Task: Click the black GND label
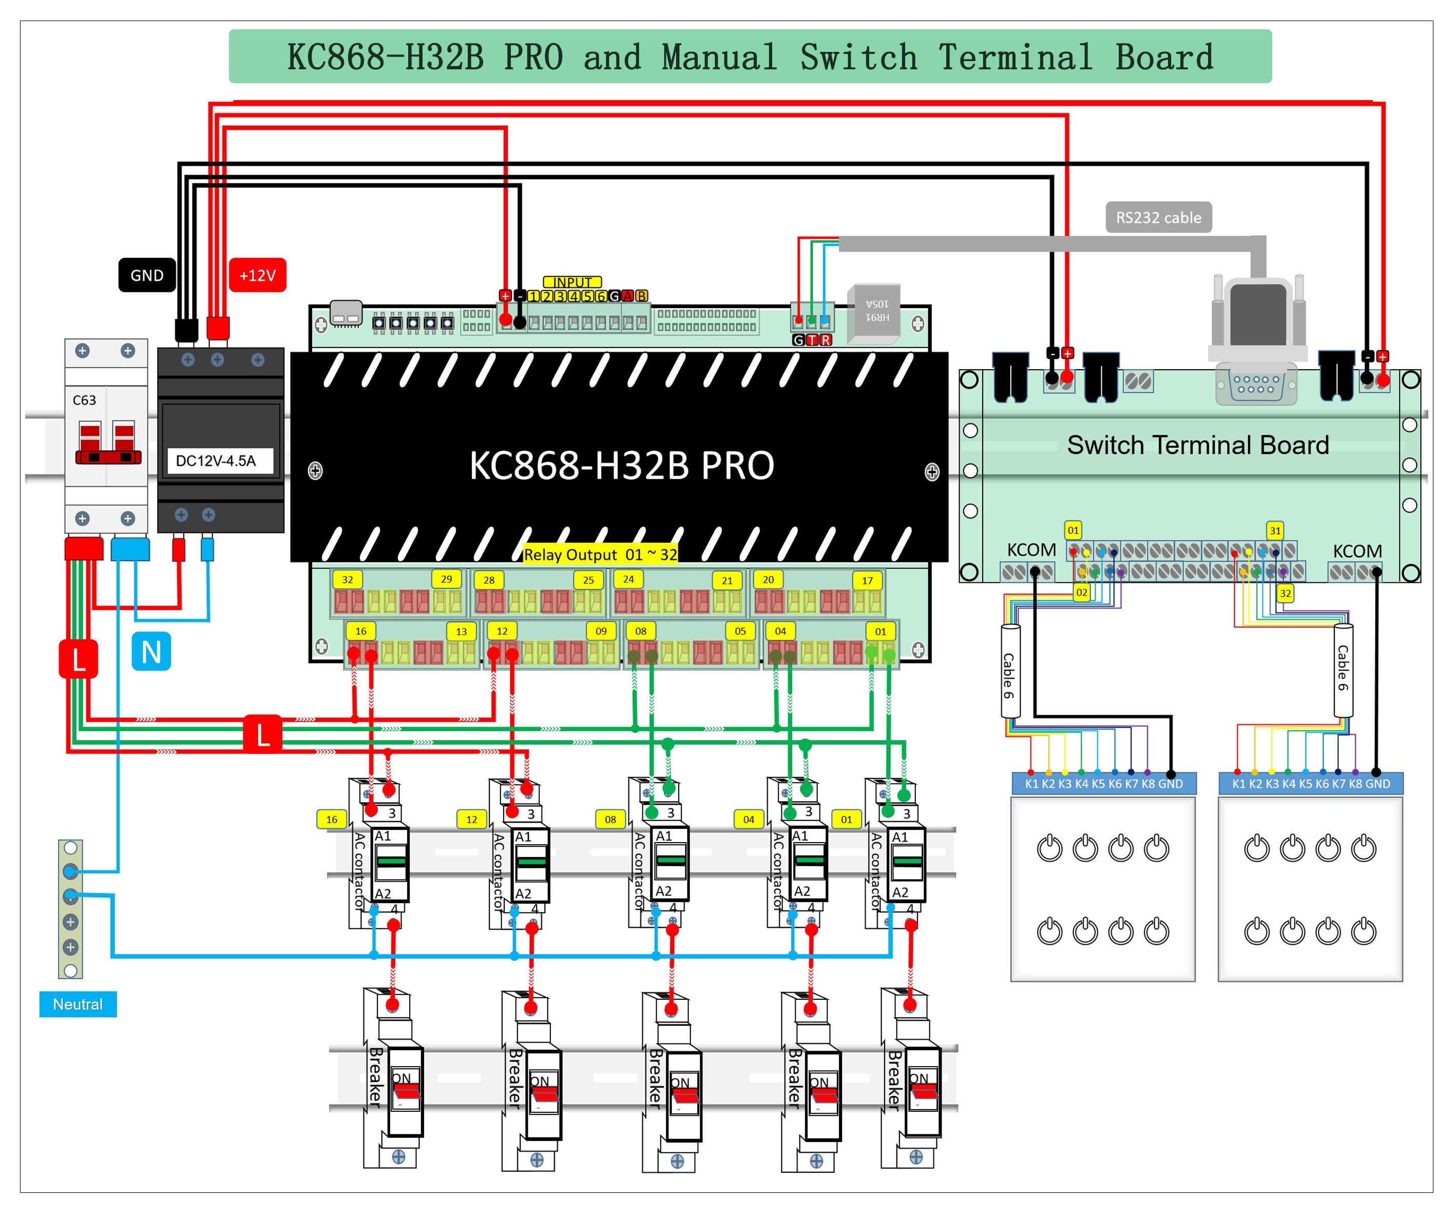(147, 275)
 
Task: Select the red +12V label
(257, 275)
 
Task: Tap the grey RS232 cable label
(1158, 218)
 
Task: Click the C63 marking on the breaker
(85, 400)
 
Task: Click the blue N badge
(151, 652)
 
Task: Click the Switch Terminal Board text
(1197, 445)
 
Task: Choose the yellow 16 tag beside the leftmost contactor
(332, 819)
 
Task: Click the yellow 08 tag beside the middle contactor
(610, 819)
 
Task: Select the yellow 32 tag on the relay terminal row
(348, 579)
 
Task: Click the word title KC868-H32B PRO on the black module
(622, 465)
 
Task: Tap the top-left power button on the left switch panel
(1049, 848)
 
